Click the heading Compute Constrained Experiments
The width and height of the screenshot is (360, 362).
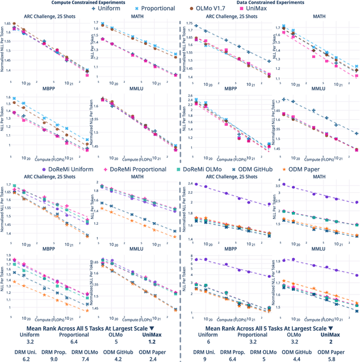pyautogui.click(x=90, y=3)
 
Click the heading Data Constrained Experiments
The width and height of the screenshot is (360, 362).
pyautogui.click(x=269, y=3)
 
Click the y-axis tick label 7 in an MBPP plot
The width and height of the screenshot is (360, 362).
pyautogui.click(x=190, y=258)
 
